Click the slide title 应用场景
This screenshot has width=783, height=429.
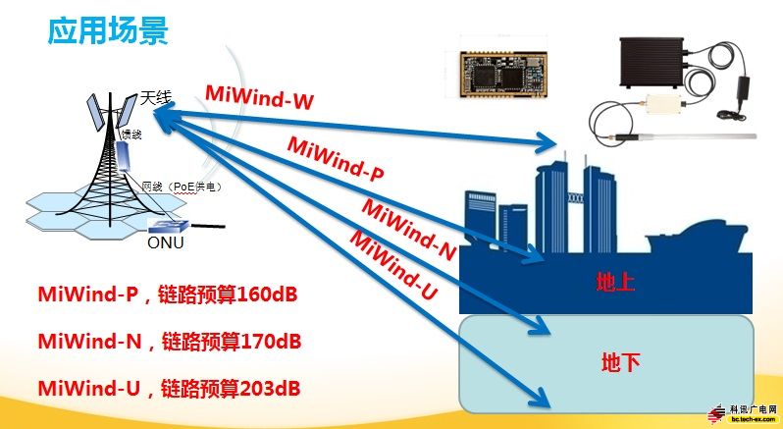pos(109,31)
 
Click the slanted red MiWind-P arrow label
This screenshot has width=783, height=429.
pos(336,160)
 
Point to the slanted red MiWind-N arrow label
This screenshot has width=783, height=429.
pos(409,229)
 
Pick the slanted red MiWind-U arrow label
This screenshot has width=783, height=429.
pos(393,265)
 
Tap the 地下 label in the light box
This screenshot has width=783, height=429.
pos(620,363)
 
